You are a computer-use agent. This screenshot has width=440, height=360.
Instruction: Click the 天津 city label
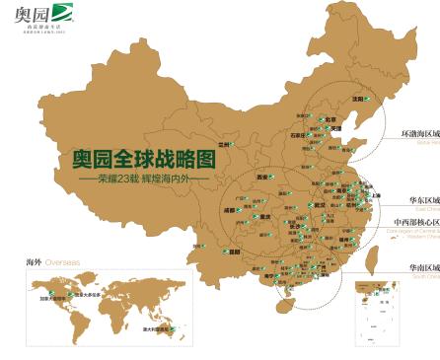point(335,129)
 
